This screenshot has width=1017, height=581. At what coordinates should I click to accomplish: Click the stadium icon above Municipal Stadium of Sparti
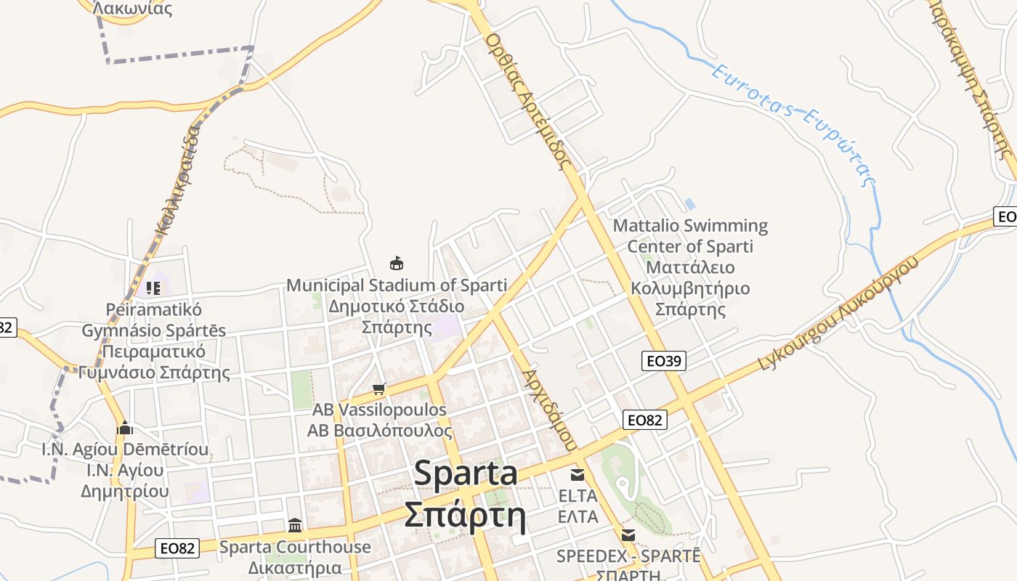(x=397, y=263)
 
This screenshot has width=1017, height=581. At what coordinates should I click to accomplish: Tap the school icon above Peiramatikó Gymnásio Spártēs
(x=153, y=288)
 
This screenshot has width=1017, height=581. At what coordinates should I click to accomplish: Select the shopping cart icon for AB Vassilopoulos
(x=378, y=389)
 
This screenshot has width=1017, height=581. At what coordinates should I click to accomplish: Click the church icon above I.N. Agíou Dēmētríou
(x=125, y=428)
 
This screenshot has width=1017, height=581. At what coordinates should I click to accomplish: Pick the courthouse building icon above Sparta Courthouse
(x=295, y=525)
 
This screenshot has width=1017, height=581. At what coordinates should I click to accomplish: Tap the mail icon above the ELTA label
(x=578, y=475)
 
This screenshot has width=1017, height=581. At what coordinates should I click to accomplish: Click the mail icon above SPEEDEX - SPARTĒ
(x=628, y=535)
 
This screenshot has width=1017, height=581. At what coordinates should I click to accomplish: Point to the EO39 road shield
(x=664, y=361)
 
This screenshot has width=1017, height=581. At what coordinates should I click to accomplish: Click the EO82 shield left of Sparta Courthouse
(x=177, y=548)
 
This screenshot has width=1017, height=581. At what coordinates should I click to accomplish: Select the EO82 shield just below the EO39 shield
(x=644, y=420)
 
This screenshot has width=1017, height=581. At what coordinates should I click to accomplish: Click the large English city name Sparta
(x=466, y=474)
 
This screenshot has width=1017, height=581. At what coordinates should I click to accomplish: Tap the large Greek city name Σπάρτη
(x=465, y=515)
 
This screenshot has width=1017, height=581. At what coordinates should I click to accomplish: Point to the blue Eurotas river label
(x=795, y=123)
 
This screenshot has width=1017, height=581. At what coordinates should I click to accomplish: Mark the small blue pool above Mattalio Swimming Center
(x=690, y=204)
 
